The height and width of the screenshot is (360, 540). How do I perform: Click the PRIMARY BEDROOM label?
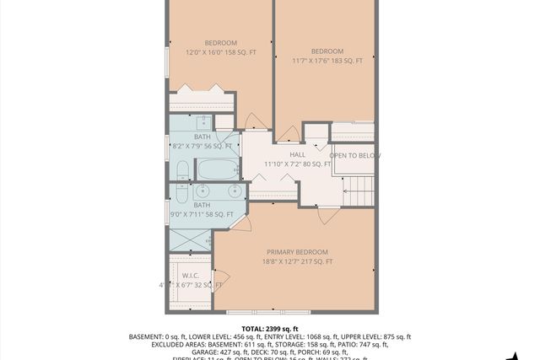[x=297, y=252]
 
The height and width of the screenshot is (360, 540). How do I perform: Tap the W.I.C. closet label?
[x=190, y=275]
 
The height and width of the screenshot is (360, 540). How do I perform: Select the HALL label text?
[x=297, y=154]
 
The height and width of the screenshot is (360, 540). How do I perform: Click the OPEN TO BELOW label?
[x=354, y=156]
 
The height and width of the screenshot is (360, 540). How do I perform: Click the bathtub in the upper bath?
[x=219, y=169]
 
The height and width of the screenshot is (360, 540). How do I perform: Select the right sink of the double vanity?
[x=232, y=192]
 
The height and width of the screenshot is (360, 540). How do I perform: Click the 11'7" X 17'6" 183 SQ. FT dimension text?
[x=327, y=61]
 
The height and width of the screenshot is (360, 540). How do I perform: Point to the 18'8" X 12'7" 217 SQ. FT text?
[x=297, y=262]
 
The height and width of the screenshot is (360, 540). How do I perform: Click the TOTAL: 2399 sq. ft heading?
[x=270, y=328]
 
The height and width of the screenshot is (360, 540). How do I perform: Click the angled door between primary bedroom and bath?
[x=242, y=221]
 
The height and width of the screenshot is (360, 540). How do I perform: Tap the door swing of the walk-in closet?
[x=221, y=277]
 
